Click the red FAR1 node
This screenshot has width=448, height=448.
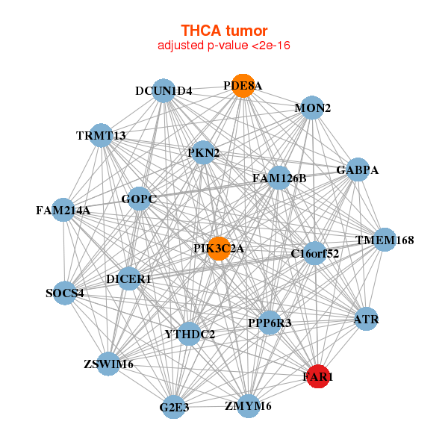[318, 376]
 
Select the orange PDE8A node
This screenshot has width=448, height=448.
[242, 86]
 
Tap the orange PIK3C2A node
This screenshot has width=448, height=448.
[219, 249]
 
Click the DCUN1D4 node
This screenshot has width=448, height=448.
[164, 91]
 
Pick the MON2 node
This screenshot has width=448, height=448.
[312, 108]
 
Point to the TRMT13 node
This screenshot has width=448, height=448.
[101, 135]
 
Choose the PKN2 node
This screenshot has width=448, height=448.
[203, 153]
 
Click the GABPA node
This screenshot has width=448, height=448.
[358, 169]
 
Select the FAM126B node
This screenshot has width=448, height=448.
[279, 178]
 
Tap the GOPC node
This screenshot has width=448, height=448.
[139, 199]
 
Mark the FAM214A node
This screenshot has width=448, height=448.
[63, 211]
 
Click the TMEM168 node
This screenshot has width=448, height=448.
[385, 240]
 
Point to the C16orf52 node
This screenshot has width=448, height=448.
[315, 253]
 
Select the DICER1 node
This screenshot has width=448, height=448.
[128, 279]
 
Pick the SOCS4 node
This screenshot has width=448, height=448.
[65, 293]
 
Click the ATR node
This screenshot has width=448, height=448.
[366, 319]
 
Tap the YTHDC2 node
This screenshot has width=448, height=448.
[190, 334]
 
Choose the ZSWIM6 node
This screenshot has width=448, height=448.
[108, 364]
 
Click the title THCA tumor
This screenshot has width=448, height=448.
[224, 31]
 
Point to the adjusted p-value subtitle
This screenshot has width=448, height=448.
[224, 46]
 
